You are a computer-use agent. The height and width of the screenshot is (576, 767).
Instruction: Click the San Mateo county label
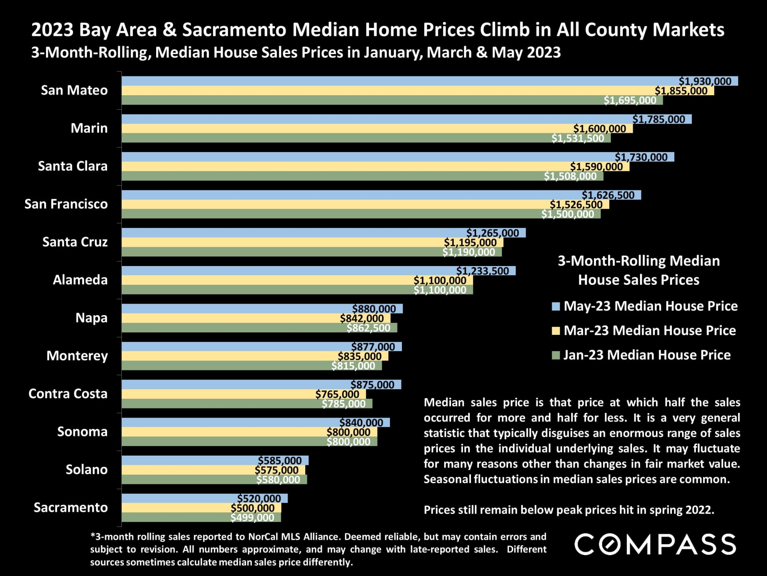click(74, 90)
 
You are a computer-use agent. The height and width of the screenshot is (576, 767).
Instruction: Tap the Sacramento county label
click(71, 508)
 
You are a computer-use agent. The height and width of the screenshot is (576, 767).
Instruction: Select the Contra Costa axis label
click(68, 394)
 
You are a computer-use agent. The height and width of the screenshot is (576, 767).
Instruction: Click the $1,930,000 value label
click(705, 81)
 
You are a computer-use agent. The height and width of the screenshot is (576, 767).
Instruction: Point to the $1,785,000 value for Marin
click(659, 119)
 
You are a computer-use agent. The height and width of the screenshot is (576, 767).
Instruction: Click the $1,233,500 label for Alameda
click(483, 271)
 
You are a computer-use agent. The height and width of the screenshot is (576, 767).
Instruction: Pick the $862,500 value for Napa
click(368, 328)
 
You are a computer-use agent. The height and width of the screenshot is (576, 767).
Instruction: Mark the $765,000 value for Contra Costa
click(337, 394)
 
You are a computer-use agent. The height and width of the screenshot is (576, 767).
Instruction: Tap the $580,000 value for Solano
click(278, 480)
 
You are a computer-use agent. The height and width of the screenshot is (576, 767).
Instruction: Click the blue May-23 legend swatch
click(556, 306)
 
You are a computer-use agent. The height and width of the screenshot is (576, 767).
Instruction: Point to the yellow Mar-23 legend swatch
click(556, 331)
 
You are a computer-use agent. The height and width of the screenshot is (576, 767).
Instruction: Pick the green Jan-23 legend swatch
click(556, 355)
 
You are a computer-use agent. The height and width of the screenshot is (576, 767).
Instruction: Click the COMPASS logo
click(655, 544)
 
